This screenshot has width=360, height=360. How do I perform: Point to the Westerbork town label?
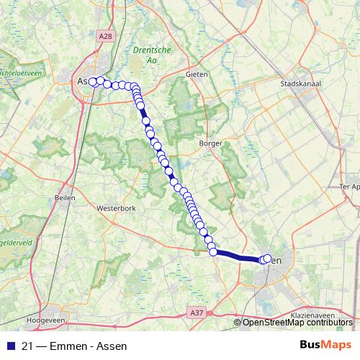pyautogui.click(x=115, y=209)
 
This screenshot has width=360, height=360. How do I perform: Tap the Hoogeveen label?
pyautogui.click(x=45, y=319)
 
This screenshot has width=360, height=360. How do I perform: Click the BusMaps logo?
pyautogui.click(x=325, y=345)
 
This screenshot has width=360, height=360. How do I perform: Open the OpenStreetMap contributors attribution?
pyautogui.click(x=297, y=323)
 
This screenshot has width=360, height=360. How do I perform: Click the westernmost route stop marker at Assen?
pyautogui.click(x=93, y=81)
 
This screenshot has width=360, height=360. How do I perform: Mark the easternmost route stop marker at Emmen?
pyautogui.click(x=268, y=258)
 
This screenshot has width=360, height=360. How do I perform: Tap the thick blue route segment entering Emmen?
pyautogui.click(x=238, y=255)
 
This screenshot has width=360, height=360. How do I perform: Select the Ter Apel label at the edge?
pyautogui.click(x=348, y=186)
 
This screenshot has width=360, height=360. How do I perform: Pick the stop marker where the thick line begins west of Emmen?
pyautogui.click(x=213, y=251)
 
